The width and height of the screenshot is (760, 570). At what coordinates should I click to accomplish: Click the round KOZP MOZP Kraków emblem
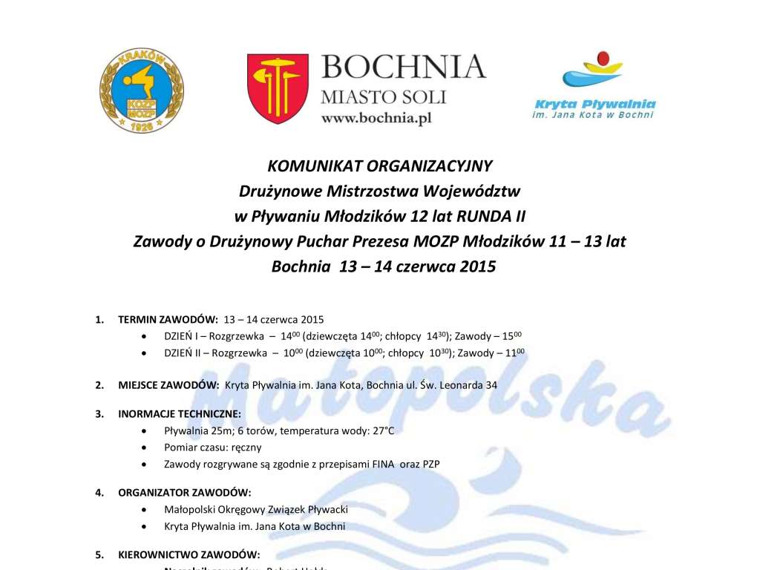pos(142,91)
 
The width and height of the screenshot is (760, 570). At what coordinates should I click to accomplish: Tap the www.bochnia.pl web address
pos(376,118)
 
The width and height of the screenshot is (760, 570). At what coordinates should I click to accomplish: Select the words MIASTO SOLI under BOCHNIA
pos(383,96)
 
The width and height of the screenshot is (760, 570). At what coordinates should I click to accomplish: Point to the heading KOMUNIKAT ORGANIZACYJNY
pos(380,166)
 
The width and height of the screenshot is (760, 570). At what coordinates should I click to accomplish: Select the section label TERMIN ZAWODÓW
pos(168,320)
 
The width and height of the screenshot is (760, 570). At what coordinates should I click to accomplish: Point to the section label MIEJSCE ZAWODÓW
pos(168,385)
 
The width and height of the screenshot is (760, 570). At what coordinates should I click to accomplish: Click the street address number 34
pos(491,385)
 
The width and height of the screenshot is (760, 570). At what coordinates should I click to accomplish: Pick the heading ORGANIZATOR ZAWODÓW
pos(185,492)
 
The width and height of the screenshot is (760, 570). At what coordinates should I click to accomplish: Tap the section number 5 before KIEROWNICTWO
pos(99,554)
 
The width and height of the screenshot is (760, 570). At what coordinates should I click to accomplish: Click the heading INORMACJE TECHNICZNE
pos(179,413)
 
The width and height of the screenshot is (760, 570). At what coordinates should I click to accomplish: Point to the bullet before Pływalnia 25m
pos(143,430)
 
